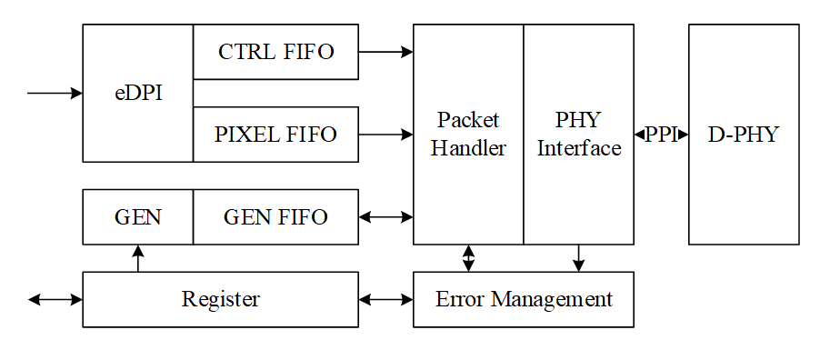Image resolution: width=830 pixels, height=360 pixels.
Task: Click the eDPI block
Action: click(x=138, y=93)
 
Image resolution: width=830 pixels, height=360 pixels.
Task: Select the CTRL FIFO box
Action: click(x=275, y=52)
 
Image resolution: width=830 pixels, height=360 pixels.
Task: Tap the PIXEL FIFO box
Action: click(x=275, y=135)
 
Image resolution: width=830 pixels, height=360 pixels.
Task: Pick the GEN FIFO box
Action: click(x=275, y=217)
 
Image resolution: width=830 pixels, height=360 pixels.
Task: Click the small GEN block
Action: click(x=138, y=217)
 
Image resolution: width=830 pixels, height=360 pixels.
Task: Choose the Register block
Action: click(x=220, y=299)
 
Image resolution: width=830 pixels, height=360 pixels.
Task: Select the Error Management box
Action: click(x=524, y=299)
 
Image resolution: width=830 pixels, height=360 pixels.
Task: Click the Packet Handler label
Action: click(x=468, y=135)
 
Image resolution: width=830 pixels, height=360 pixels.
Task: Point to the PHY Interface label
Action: click(x=579, y=135)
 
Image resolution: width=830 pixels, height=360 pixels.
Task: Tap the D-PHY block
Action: click(x=744, y=135)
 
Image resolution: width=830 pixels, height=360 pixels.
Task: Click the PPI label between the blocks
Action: click(x=661, y=135)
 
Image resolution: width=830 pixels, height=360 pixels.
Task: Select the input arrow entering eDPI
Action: click(x=55, y=93)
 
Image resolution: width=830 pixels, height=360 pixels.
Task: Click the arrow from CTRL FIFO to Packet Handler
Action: click(x=385, y=52)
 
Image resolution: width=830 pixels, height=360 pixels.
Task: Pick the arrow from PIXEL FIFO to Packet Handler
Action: click(x=385, y=135)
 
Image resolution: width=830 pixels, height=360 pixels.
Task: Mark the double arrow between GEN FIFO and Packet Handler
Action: click(x=385, y=217)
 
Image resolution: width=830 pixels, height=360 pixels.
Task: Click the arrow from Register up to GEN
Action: click(x=138, y=258)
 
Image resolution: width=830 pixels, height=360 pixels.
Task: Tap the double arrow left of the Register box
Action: click(x=55, y=299)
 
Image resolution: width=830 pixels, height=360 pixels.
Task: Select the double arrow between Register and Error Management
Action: click(x=385, y=299)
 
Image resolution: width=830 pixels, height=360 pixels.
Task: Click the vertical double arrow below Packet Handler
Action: click(x=468, y=258)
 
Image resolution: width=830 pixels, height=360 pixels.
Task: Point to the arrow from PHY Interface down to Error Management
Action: click(x=578, y=258)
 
